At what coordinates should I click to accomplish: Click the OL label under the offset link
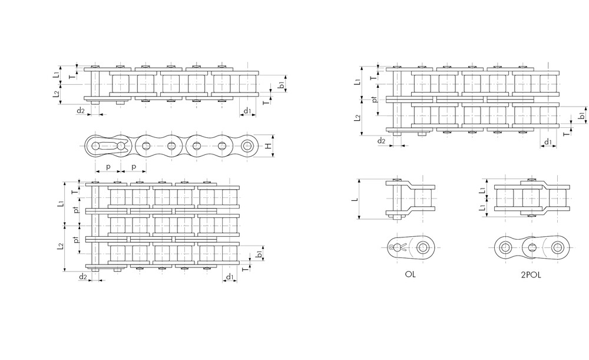pyautogui.click(x=410, y=275)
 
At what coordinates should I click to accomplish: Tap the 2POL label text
pyautogui.click(x=531, y=275)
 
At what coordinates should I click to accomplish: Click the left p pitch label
pyautogui.click(x=108, y=167)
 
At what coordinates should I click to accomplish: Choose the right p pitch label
pyautogui.click(x=134, y=167)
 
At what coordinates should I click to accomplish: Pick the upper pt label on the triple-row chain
pyautogui.click(x=75, y=210)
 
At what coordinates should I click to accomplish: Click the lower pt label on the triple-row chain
pyautogui.click(x=75, y=240)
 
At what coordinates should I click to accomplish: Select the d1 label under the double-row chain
pyautogui.click(x=548, y=142)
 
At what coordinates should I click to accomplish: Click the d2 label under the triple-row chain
pyautogui.click(x=83, y=276)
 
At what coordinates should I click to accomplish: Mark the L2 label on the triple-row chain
pyautogui.click(x=60, y=248)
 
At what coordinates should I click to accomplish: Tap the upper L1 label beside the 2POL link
pyautogui.click(x=482, y=189)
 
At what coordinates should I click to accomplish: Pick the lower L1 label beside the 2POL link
pyautogui.click(x=482, y=208)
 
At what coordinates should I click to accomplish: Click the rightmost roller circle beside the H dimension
pyautogui.click(x=248, y=146)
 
